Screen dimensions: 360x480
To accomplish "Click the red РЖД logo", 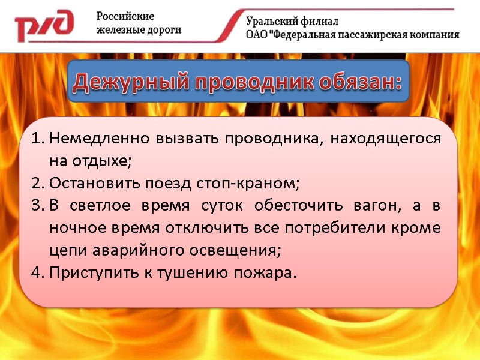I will (44, 25).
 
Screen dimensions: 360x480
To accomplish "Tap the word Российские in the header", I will (125, 16).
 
